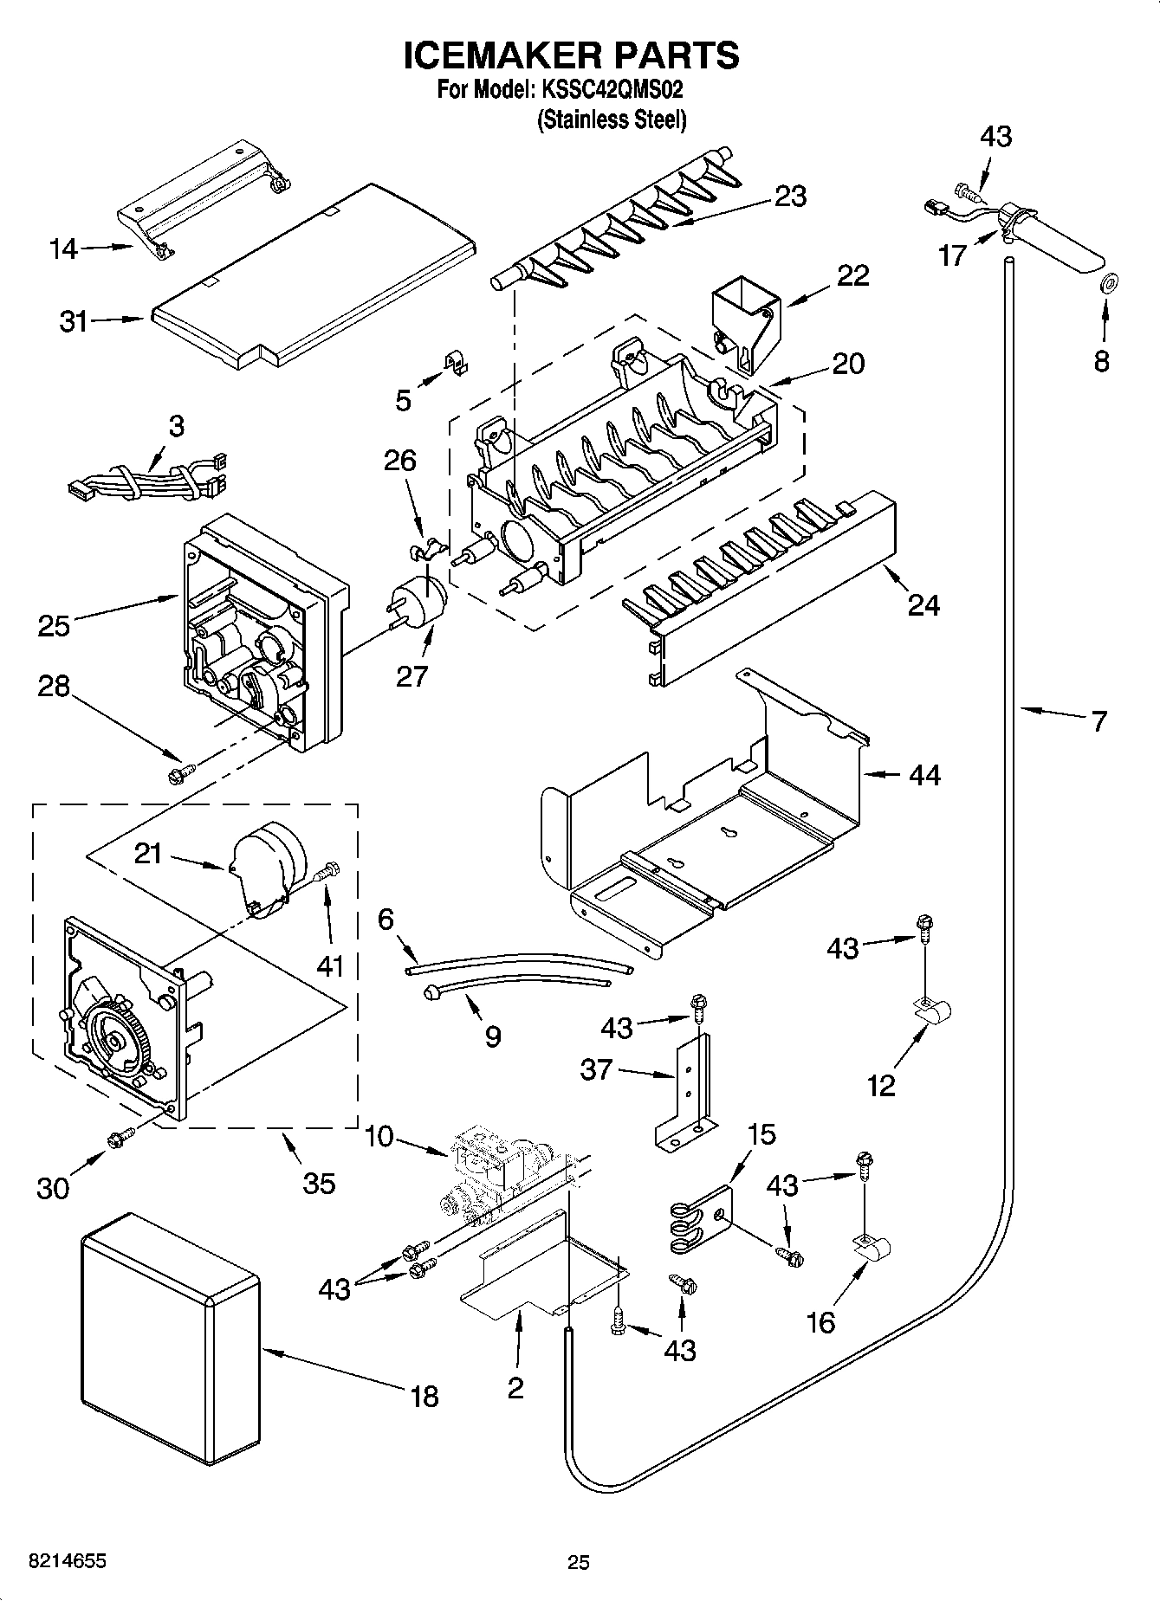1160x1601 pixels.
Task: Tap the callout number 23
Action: (x=791, y=196)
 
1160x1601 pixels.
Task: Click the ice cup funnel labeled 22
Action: (x=744, y=324)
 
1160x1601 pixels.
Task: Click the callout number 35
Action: (x=319, y=1183)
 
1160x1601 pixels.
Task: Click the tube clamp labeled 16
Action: (x=874, y=1249)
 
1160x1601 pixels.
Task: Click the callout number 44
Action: (x=924, y=774)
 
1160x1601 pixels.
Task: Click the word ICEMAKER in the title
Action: (x=502, y=55)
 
